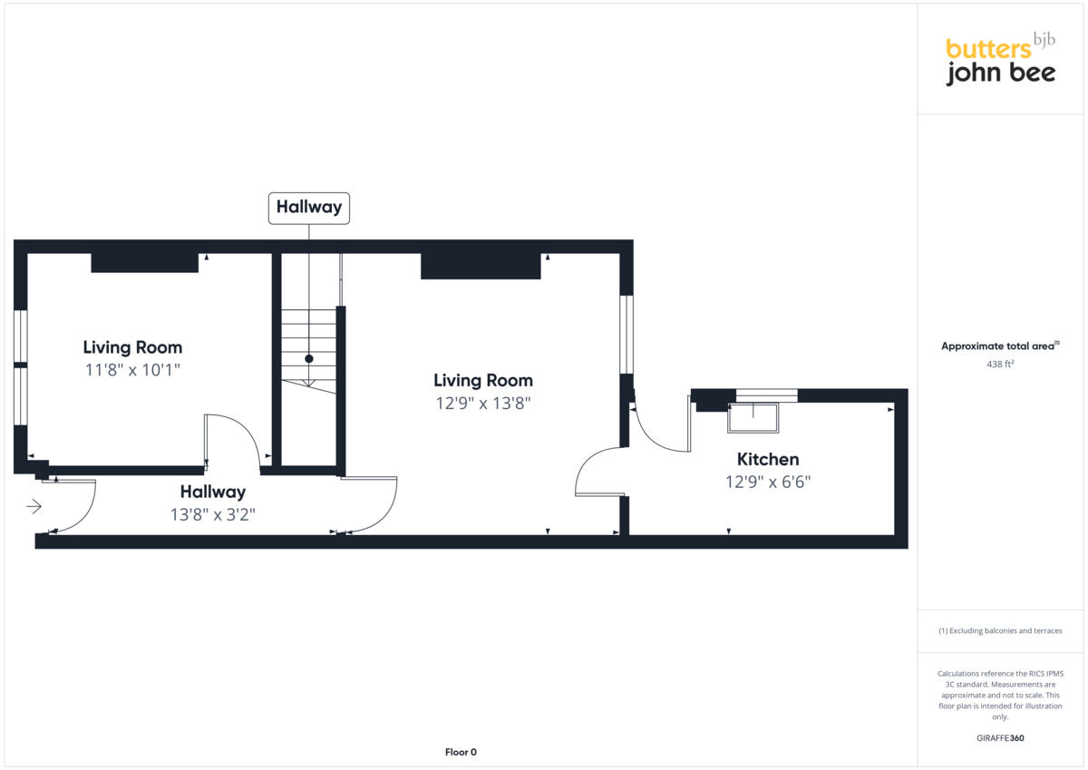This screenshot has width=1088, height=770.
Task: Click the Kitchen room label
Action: (x=767, y=459)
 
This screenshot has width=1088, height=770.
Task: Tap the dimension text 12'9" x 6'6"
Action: (x=767, y=482)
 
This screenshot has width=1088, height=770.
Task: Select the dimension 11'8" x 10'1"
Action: (x=132, y=370)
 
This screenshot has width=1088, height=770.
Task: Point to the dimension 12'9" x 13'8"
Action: (x=482, y=404)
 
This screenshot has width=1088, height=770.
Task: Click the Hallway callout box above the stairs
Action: (x=309, y=207)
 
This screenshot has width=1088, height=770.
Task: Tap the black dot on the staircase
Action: (x=309, y=359)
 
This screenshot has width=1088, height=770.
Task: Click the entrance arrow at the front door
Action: (x=34, y=506)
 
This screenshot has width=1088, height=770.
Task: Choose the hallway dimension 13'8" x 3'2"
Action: (x=212, y=514)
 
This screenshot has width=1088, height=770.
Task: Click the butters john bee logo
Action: (x=1000, y=61)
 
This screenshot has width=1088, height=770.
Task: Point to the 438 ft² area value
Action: (x=1000, y=364)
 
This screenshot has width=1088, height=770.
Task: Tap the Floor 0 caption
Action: (x=461, y=752)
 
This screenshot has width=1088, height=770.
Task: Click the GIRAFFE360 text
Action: (x=1000, y=738)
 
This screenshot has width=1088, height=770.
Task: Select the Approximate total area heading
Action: (x=999, y=346)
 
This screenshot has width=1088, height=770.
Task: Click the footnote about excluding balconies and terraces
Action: (x=1000, y=630)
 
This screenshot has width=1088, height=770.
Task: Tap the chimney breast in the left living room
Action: (x=144, y=263)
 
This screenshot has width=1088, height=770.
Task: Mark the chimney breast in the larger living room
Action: (x=481, y=266)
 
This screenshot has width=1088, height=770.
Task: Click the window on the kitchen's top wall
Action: (x=766, y=395)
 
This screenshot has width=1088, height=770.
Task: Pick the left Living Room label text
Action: (x=132, y=347)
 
